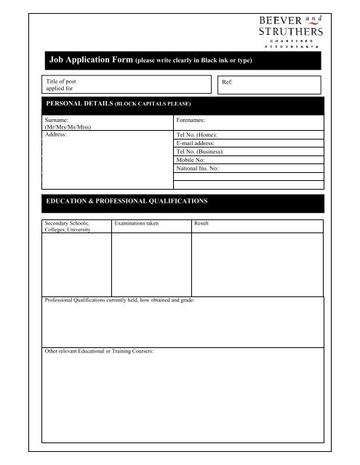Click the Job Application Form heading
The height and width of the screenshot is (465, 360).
click(149, 60)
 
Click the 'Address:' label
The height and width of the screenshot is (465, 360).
click(56, 135)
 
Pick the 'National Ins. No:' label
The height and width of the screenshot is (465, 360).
click(197, 168)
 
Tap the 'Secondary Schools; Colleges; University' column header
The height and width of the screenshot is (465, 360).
click(67, 227)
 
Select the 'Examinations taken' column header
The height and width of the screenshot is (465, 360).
click(136, 223)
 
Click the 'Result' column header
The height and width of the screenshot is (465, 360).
click(201, 223)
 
